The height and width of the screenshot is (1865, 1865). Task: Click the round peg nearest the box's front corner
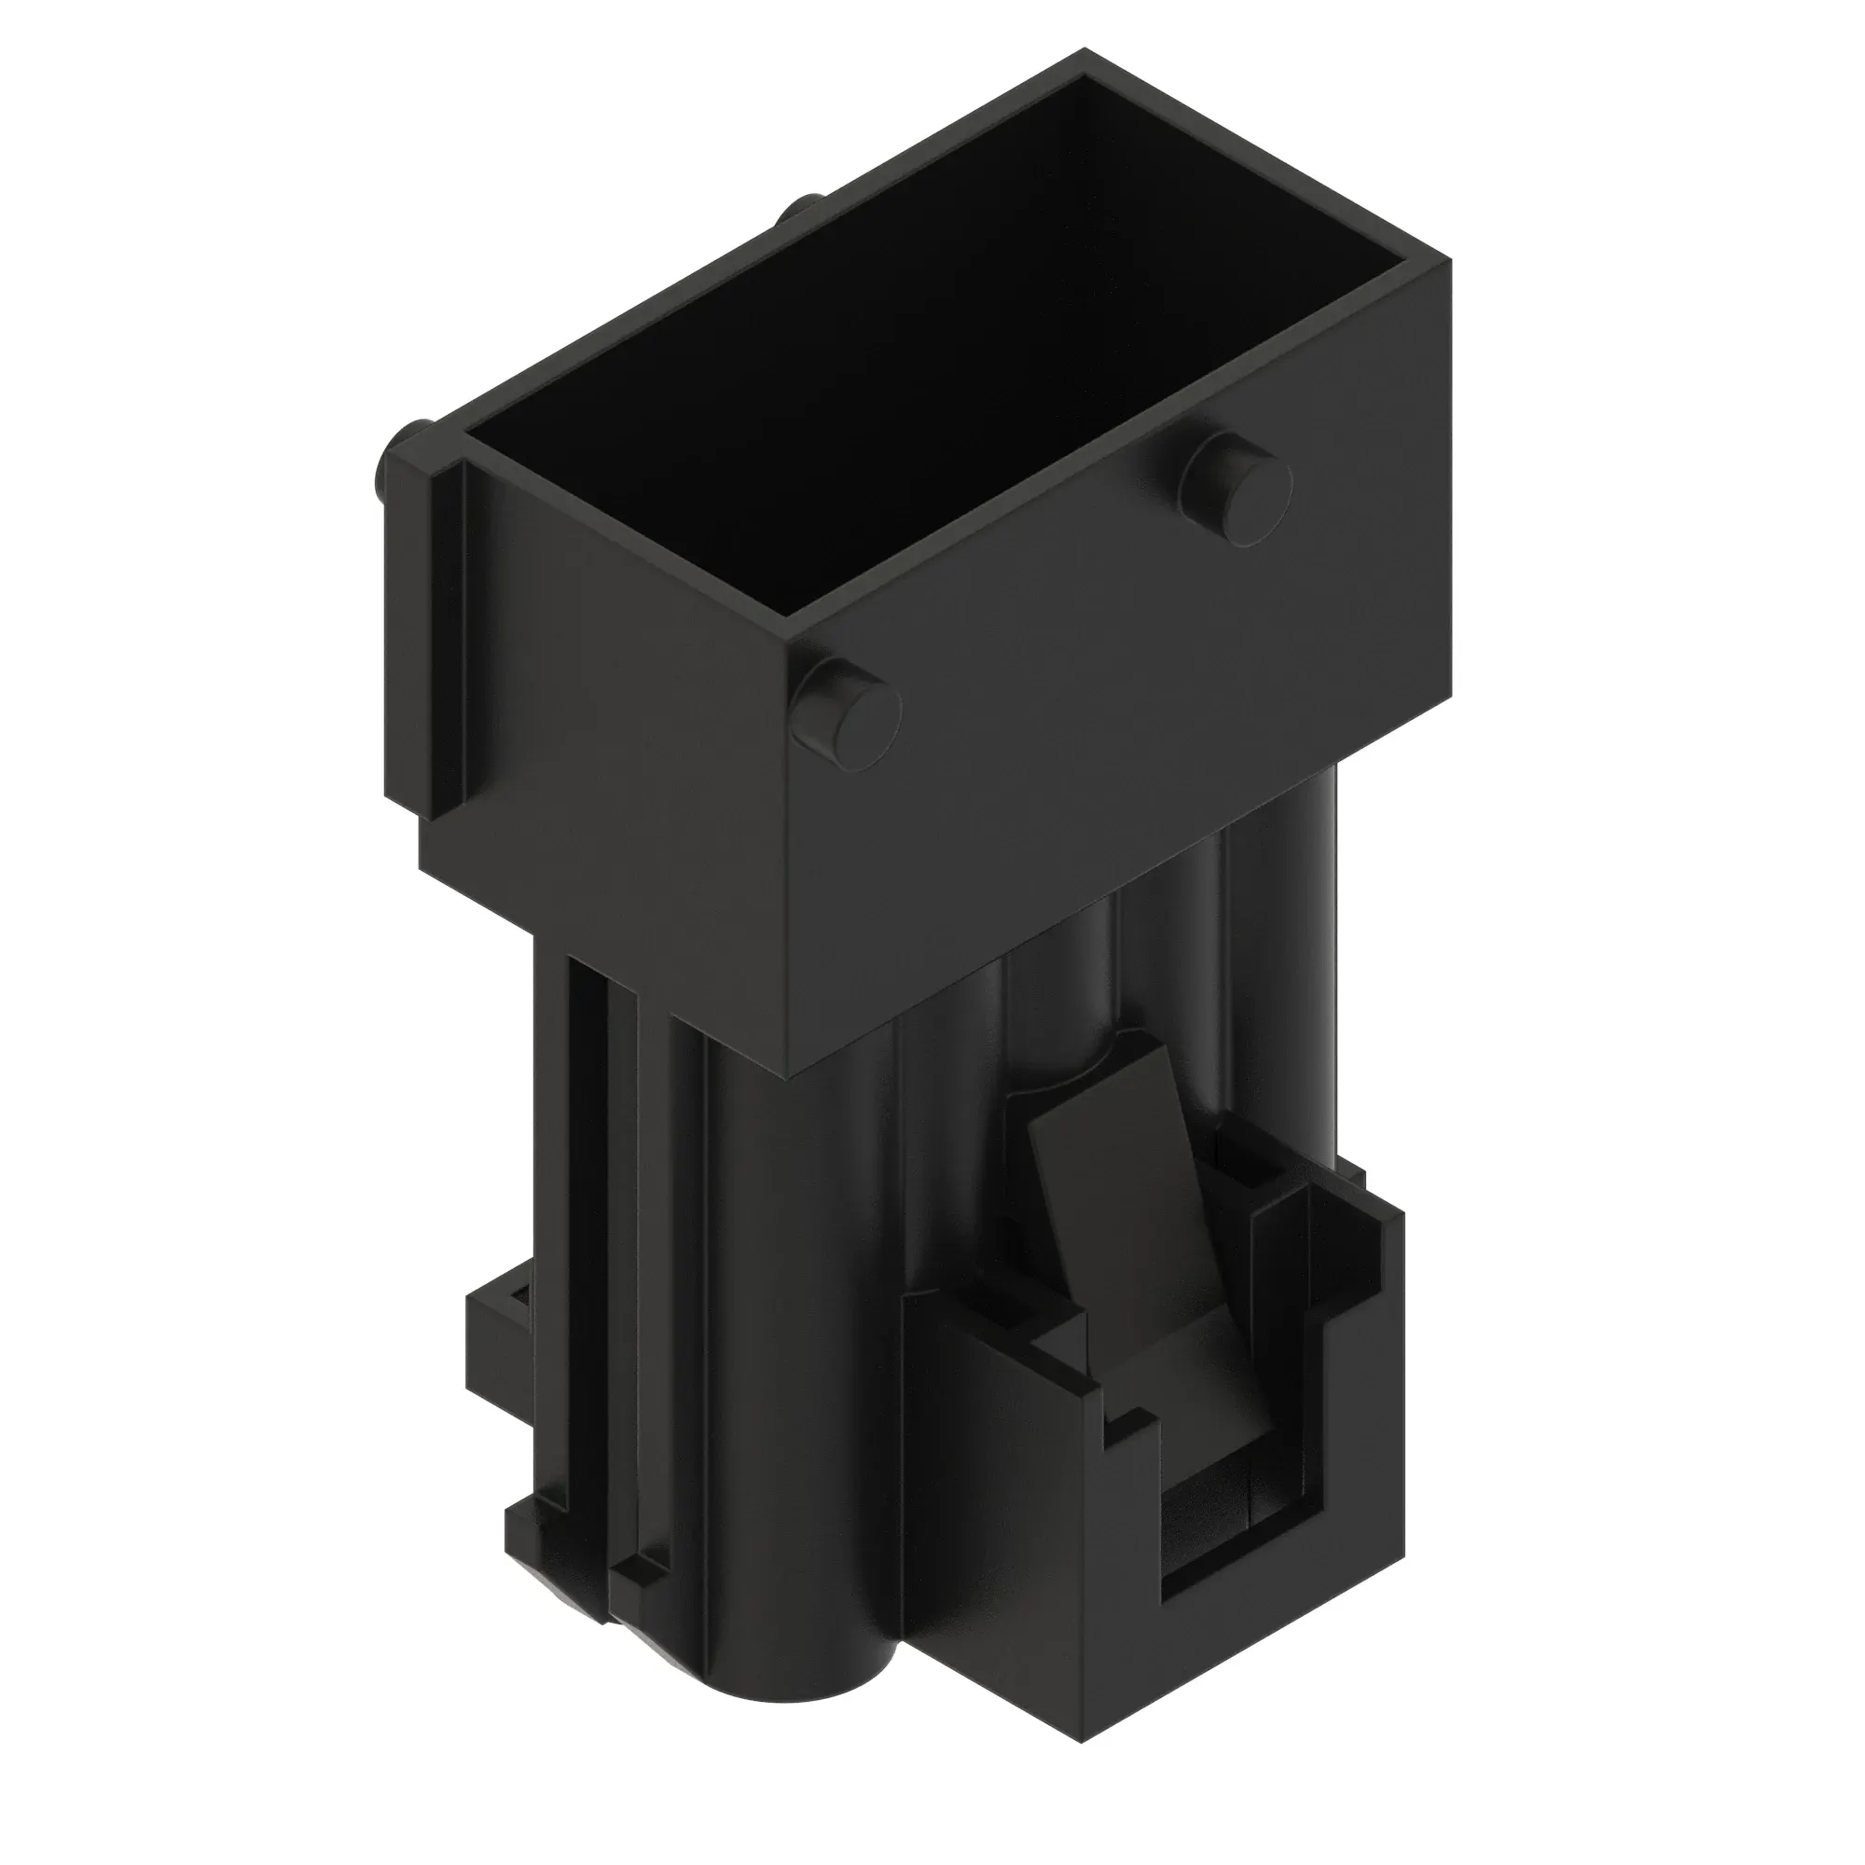(x=847, y=715)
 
